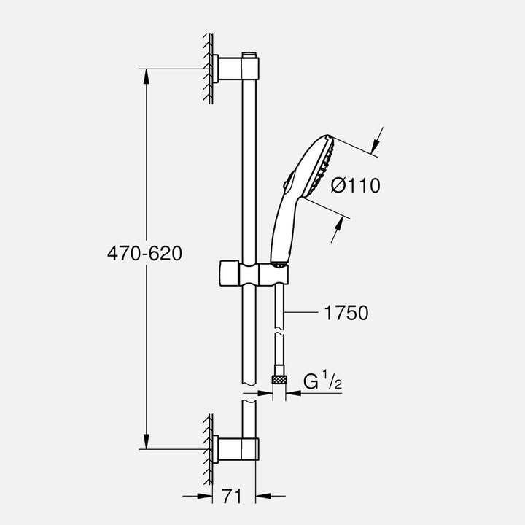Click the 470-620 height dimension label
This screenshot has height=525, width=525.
pyautogui.click(x=143, y=254)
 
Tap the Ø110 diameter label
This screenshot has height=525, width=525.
pyautogui.click(x=355, y=185)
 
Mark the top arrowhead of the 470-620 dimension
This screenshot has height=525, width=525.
pyautogui.click(x=148, y=74)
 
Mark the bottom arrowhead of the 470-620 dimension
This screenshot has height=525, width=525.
pyautogui.click(x=148, y=443)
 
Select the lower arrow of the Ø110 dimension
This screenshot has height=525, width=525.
pyautogui.click(x=338, y=232)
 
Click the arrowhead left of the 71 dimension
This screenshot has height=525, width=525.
pyautogui.click(x=206, y=497)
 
